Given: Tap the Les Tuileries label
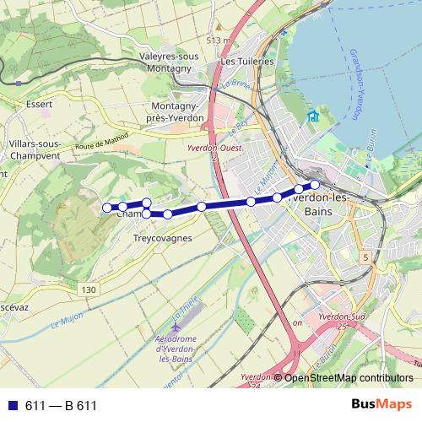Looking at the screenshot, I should pos(246,62).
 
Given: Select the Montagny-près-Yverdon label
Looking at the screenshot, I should pos(176,112).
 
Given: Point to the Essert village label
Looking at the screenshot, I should pos(39,105).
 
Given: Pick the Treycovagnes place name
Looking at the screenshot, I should pos(163,238).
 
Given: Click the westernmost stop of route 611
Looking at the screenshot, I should pos(106,207).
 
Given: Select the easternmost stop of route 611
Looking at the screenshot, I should pos(315,184).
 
